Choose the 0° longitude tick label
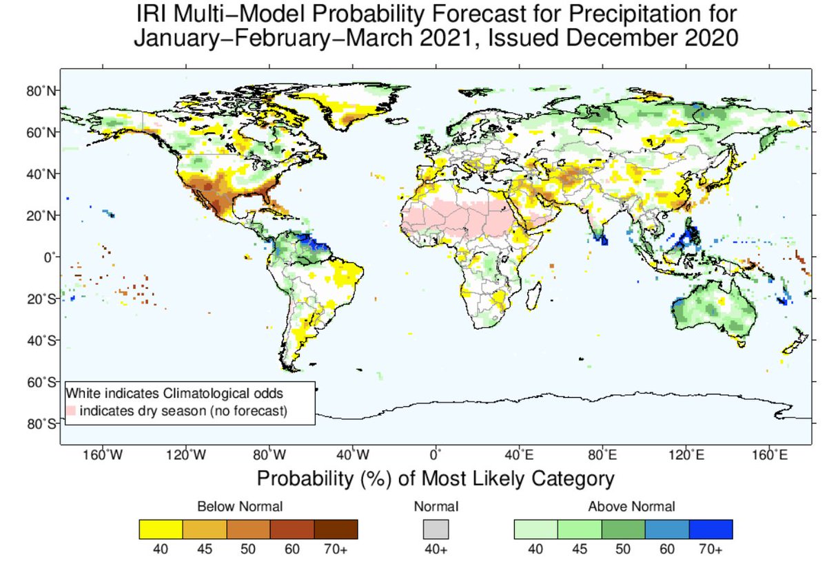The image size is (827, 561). tap(435, 455)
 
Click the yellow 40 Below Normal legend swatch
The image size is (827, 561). tap(161, 529)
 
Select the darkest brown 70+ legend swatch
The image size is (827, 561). tap(336, 529)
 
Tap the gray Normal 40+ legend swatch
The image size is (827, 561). tap(436, 529)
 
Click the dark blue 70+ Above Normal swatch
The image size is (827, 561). tap(711, 529)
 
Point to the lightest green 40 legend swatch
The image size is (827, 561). tap(536, 529)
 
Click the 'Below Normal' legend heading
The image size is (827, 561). tap(240, 507)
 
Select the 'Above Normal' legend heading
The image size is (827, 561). tap(631, 507)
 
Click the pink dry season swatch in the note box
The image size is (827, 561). tap(70, 411)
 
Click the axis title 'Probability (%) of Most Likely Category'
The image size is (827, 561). tap(436, 478)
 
